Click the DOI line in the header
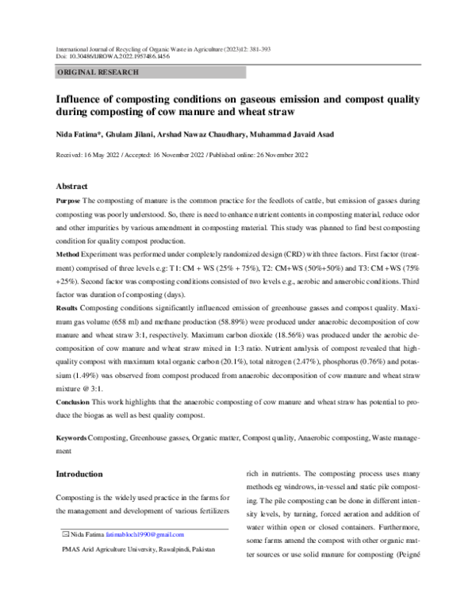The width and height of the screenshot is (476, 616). [112, 56]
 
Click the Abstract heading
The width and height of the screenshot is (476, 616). [74, 186]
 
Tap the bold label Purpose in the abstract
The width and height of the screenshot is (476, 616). [68, 203]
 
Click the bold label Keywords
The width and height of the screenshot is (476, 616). [71, 438]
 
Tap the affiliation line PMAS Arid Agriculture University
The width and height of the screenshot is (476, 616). [139, 549]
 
